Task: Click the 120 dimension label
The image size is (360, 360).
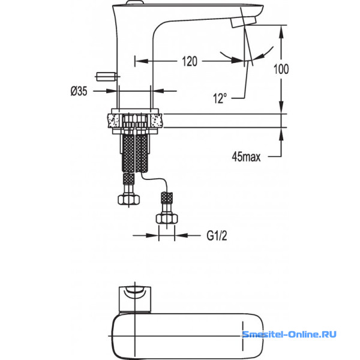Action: coord(190,61)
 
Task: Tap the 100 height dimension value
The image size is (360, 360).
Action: coord(281,69)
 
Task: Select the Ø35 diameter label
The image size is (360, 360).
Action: coord(79,91)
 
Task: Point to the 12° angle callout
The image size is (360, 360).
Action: coord(220,98)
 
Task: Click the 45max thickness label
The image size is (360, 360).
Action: coord(246,157)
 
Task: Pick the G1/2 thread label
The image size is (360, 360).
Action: coord(217,236)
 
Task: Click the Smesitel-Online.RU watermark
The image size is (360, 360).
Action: coord(290,334)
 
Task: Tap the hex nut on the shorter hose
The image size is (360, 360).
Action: coord(129,199)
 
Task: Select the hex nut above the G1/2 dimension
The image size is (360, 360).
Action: coord(167,218)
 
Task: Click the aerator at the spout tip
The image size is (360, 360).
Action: coord(244,22)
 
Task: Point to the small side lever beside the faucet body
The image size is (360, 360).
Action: coord(106,76)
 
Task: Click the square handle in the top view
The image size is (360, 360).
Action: coord(135,299)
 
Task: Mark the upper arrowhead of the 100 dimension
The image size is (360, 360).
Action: coord(281,32)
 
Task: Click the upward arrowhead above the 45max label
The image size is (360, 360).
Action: coord(281,134)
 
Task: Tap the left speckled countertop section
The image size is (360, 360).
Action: coord(114,121)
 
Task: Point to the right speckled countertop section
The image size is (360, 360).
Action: coord(157,121)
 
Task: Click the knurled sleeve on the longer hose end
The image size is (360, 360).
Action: coord(167,197)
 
